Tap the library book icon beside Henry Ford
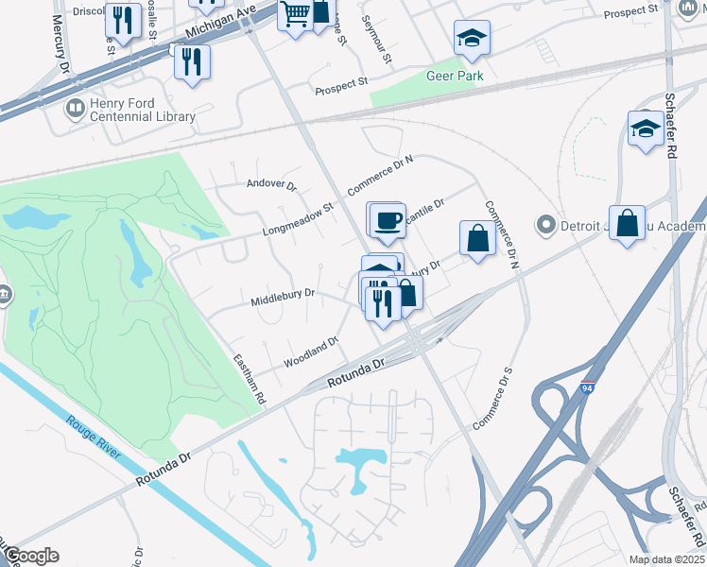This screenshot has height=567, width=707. coord(74,110)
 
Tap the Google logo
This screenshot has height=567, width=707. coord(30,556)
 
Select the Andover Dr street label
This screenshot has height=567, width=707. coord(271,185)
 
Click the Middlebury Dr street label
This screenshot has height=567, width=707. coord(282,299)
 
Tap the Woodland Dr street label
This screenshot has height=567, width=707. coord(311,353)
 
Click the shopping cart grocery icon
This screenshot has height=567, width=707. coord(296,14)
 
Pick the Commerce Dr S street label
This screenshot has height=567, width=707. coord(492,398)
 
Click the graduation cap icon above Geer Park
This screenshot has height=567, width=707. coord(472,39)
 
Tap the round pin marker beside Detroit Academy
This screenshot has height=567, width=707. coord(544,226)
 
